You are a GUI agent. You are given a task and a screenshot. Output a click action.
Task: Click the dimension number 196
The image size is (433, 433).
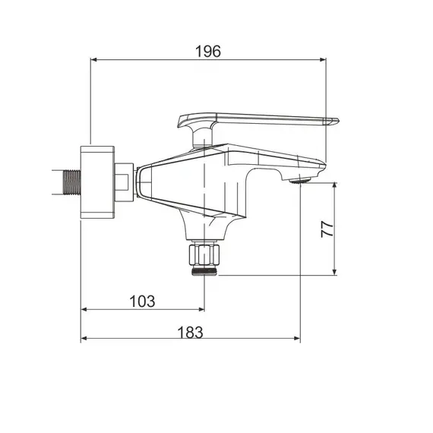(208, 52)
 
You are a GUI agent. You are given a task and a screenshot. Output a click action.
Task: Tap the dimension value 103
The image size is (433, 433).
(142, 302)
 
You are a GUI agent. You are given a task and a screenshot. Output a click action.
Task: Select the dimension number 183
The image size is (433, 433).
(190, 333)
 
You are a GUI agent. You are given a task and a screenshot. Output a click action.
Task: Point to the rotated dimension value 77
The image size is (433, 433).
(327, 229)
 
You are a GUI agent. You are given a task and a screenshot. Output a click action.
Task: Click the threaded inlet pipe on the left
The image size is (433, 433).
(72, 182)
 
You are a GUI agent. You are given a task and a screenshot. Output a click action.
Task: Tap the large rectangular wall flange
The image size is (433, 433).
(97, 182)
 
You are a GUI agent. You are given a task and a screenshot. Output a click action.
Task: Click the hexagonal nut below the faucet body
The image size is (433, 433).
(204, 254)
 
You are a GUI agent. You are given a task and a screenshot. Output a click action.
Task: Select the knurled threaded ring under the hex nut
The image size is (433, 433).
(204, 271)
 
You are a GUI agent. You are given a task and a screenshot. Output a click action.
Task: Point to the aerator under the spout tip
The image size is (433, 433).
(299, 181)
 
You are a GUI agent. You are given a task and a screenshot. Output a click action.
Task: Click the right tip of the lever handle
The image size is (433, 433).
(338, 120)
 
